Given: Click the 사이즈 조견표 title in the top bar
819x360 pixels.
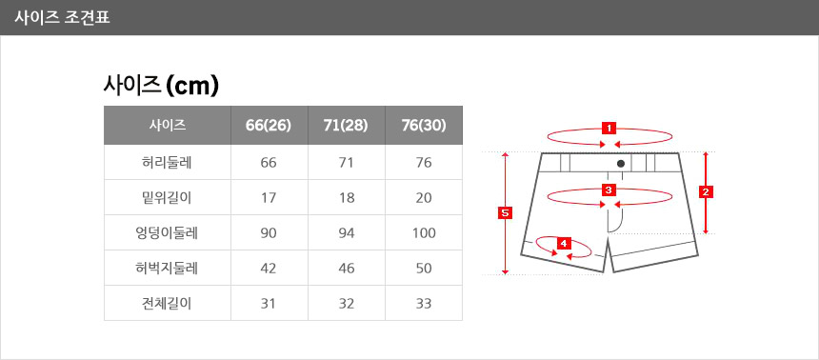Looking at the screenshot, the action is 62,18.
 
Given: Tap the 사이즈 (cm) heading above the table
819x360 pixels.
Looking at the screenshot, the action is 161,86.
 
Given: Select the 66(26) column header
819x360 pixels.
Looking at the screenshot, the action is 269,126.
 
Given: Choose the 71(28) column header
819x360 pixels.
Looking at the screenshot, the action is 346,126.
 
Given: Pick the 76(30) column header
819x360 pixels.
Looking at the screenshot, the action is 424,126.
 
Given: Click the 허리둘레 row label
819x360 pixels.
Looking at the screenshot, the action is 168,163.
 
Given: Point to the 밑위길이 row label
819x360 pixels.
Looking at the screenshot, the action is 168,197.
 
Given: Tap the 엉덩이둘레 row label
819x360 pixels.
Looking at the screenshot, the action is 168,232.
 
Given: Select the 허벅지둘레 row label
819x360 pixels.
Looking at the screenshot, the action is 168,268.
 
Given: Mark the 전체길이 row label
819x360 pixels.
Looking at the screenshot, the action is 168,303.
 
